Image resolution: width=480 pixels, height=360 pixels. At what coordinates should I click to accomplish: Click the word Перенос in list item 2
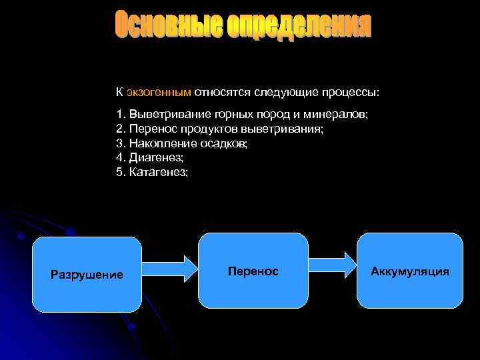(x=149, y=129)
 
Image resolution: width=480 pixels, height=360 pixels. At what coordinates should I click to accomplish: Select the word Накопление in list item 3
(x=158, y=143)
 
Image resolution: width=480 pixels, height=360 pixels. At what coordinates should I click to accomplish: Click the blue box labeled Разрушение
(x=87, y=275)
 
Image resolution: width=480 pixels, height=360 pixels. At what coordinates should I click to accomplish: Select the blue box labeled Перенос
(x=253, y=271)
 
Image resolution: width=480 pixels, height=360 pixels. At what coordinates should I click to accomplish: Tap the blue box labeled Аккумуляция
(x=410, y=271)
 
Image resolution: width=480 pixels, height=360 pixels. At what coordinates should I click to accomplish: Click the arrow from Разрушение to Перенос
(x=170, y=270)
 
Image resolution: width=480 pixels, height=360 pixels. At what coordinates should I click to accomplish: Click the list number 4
(x=119, y=157)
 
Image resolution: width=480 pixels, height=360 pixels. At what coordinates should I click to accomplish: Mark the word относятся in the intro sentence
(x=218, y=91)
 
